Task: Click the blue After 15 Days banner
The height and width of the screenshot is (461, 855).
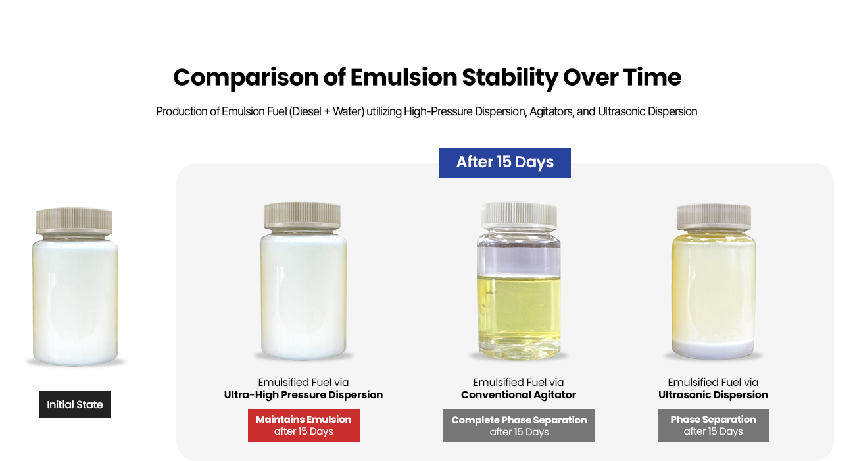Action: pos(504,163)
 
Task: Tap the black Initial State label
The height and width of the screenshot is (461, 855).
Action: pos(75,404)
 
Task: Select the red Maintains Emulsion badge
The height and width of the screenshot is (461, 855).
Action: pos(303,425)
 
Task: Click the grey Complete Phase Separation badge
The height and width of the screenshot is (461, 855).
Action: pos(519,425)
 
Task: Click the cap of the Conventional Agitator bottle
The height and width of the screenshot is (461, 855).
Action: pos(519,215)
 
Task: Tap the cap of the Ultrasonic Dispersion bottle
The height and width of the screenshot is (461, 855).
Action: pos(714,217)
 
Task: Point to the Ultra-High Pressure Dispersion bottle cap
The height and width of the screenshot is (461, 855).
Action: pos(303,215)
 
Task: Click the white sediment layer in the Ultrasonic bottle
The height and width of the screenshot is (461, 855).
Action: pos(713,348)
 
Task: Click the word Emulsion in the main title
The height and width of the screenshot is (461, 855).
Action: pos(403,77)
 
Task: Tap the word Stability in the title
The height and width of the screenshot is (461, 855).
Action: pos(510,78)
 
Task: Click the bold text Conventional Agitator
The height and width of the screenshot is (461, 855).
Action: pos(518,394)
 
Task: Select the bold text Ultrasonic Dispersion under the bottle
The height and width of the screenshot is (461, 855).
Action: pos(713,394)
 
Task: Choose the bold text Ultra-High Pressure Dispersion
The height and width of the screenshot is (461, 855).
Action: pos(303,394)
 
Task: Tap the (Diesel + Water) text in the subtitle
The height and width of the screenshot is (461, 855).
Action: pos(327,111)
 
